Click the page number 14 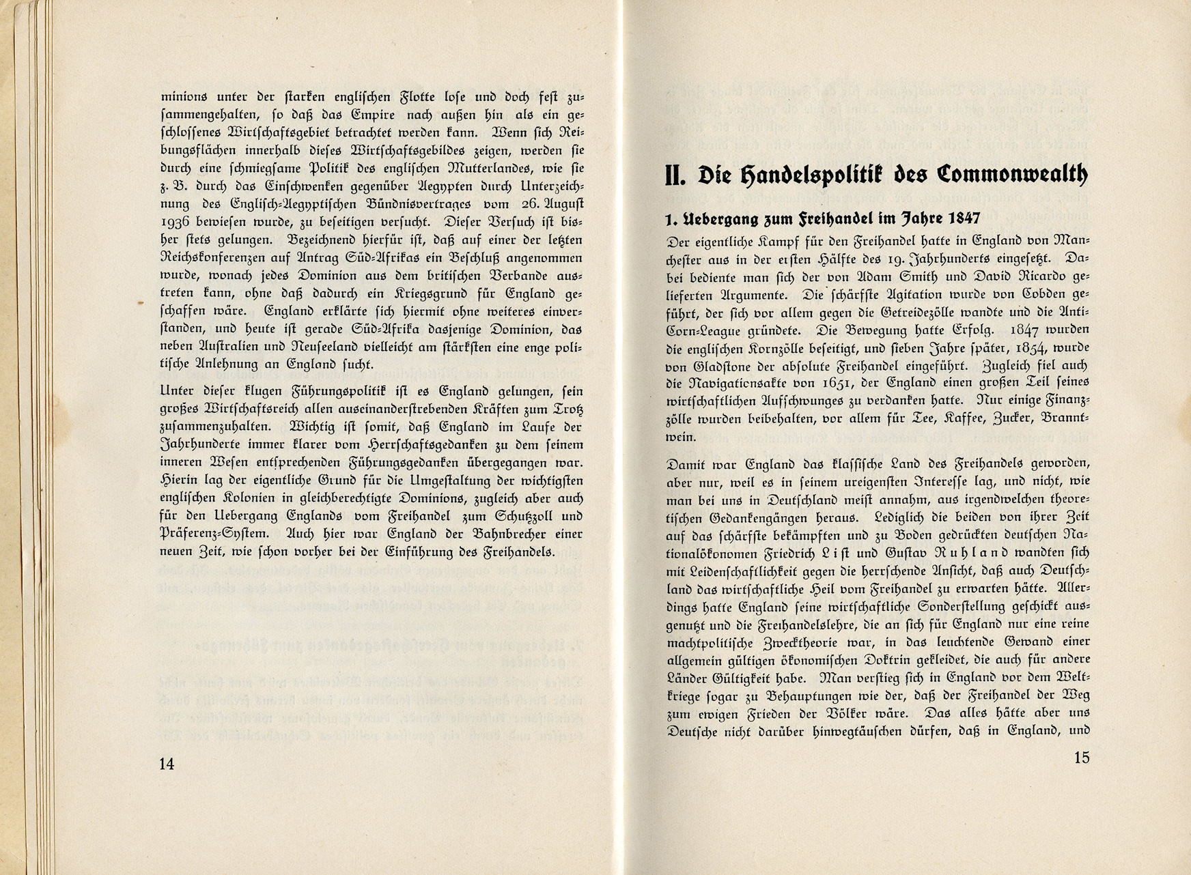(167, 764)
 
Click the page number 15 (1082, 758)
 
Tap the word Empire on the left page (374, 115)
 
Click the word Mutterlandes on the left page (467, 169)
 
